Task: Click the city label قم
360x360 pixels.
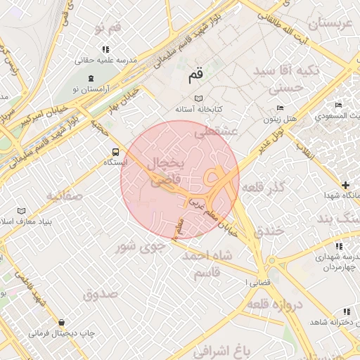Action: pos(195,72)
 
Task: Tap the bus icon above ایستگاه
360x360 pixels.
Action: pos(115,151)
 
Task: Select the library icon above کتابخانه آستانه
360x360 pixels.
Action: pos(198,99)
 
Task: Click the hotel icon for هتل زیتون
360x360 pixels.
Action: pos(280,108)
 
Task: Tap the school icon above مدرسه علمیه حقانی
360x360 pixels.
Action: pos(105,49)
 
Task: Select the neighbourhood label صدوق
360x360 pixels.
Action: pos(101,294)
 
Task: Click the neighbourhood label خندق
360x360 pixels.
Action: pos(271,231)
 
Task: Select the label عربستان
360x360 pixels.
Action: pos(326,22)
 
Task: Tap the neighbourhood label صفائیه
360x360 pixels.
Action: pos(65,195)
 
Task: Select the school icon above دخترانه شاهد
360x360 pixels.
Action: pos(345,311)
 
